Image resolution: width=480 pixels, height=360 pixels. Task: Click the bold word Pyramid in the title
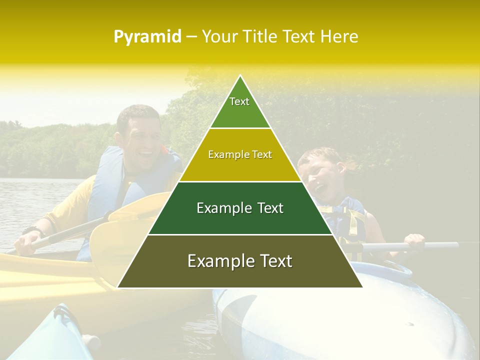pyautogui.click(x=147, y=37)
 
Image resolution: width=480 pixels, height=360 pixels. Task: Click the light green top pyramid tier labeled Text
pyautogui.click(x=240, y=107)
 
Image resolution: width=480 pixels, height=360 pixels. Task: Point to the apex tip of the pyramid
pyautogui.click(x=240, y=77)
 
